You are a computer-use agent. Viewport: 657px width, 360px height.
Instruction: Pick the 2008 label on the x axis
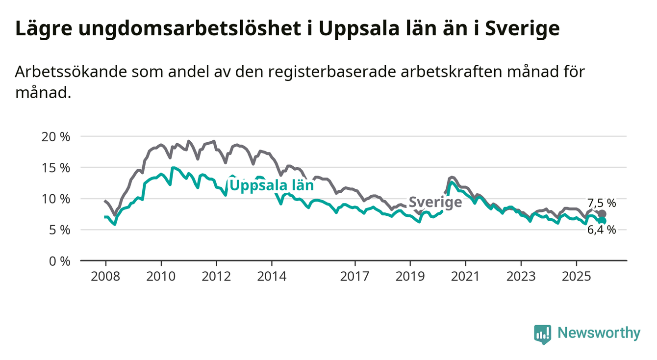(x=105, y=276)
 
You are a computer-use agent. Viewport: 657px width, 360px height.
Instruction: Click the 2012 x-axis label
(x=216, y=276)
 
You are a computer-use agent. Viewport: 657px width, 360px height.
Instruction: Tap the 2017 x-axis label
(x=354, y=276)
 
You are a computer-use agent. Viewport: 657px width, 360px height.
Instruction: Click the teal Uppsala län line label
(x=271, y=185)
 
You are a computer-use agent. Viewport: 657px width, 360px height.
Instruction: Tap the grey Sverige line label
(x=435, y=202)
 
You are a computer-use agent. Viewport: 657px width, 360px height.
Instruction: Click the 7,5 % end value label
(x=602, y=203)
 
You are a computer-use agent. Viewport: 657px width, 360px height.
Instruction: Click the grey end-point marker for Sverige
(x=602, y=214)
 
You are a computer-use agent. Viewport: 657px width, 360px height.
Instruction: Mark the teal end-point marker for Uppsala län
(x=602, y=221)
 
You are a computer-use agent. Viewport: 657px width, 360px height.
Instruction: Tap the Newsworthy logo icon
(x=542, y=334)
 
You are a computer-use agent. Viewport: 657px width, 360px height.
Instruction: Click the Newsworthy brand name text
(x=599, y=334)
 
